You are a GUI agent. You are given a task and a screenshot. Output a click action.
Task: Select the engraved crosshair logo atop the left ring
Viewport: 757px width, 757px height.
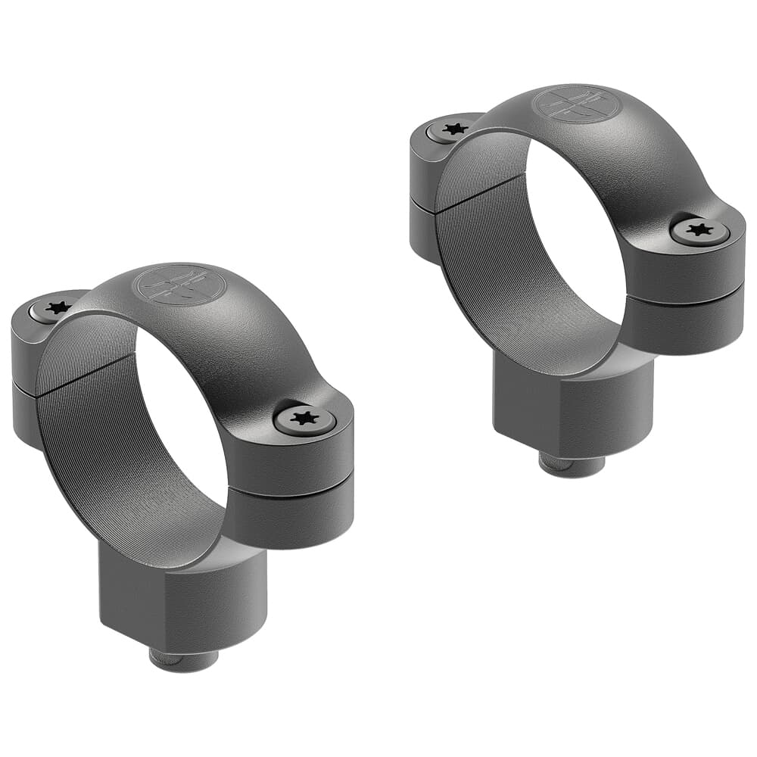click(179, 285)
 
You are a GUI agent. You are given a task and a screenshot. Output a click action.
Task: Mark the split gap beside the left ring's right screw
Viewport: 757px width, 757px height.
click(291, 486)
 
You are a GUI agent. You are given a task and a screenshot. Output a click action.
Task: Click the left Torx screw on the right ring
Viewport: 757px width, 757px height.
click(454, 129)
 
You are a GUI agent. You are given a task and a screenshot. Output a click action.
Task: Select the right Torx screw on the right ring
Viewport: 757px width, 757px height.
click(699, 231)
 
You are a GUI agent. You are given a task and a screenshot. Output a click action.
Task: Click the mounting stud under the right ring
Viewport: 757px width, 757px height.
click(572, 463)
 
